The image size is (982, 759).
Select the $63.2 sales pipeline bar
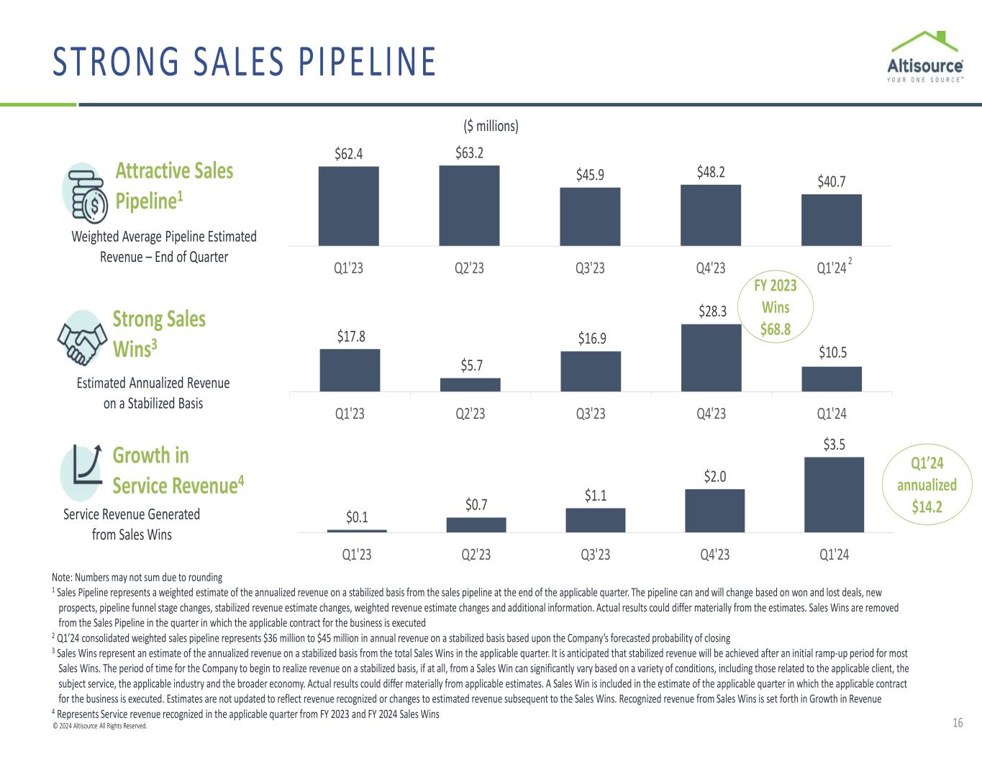469,206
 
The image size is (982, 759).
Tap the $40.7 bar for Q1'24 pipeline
831,220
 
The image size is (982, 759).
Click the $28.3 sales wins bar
711,358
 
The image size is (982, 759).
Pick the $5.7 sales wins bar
470,385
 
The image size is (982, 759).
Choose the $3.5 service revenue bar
834,494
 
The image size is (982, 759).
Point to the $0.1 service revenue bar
357,531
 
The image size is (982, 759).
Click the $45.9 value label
590,175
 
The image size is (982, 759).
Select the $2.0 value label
714,476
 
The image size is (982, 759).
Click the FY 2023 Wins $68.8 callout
776,307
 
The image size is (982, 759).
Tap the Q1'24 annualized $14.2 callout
927,484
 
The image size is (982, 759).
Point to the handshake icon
81,339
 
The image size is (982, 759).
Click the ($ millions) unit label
490,126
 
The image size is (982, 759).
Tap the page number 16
958,723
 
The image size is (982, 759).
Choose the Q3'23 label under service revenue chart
594,555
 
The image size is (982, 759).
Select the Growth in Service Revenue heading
178,471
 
